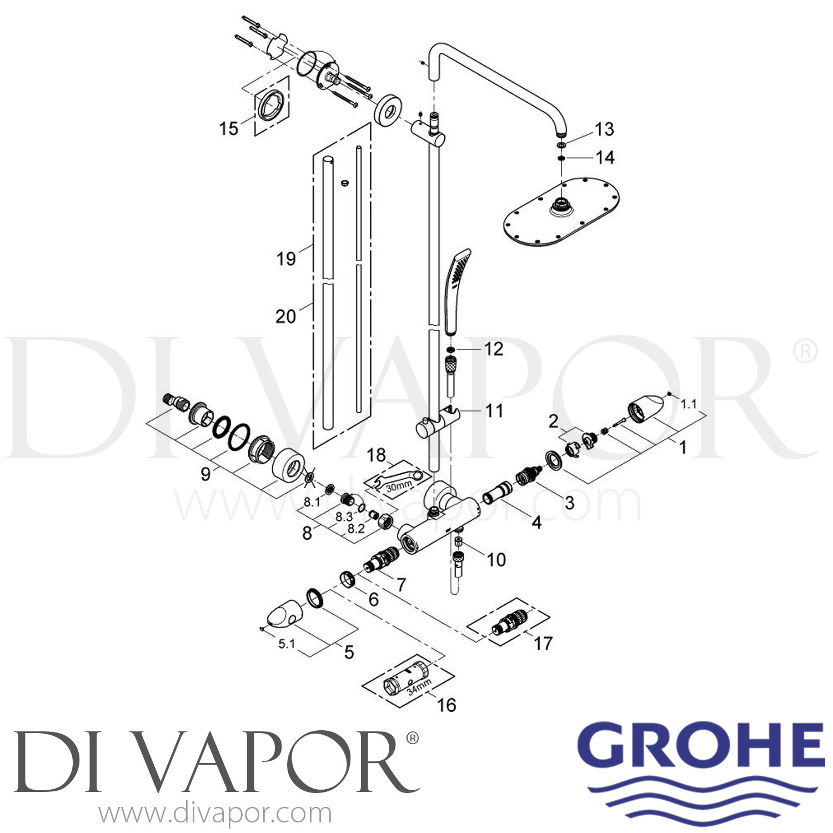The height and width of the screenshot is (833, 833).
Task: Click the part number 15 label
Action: pyautogui.click(x=228, y=128)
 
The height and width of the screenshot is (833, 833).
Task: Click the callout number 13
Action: pyautogui.click(x=604, y=129)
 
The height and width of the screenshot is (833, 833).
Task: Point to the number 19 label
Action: pyautogui.click(x=286, y=258)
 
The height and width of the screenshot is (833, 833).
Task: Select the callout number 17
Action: pyautogui.click(x=543, y=643)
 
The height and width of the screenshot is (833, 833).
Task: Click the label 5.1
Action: pyautogui.click(x=286, y=644)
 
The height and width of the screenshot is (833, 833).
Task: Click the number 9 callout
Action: pyautogui.click(x=205, y=474)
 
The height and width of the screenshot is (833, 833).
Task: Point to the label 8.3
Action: pyautogui.click(x=344, y=516)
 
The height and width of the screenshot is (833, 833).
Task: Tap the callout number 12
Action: pyautogui.click(x=494, y=349)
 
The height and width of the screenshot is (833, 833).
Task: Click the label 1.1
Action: pyautogui.click(x=689, y=404)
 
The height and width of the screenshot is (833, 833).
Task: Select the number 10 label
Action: pyautogui.click(x=496, y=559)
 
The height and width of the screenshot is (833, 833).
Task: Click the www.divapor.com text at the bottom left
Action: pyautogui.click(x=215, y=814)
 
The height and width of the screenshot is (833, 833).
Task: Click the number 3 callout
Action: pyautogui.click(x=569, y=503)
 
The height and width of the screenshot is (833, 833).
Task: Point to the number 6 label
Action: pyautogui.click(x=373, y=599)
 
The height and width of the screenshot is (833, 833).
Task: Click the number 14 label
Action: pyautogui.click(x=605, y=158)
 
